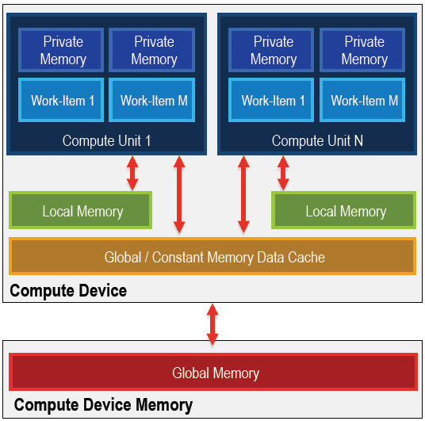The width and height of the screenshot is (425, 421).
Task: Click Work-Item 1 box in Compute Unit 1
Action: tap(61, 100)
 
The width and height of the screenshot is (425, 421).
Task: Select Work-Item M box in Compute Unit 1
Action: tap(151, 100)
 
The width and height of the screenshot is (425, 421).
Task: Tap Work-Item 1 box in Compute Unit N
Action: tap(271, 100)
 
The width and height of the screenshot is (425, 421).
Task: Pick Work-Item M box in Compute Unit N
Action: tap(362, 100)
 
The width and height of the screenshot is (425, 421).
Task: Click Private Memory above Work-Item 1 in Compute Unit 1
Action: tap(61, 50)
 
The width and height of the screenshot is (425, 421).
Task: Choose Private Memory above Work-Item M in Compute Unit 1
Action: tap(151, 50)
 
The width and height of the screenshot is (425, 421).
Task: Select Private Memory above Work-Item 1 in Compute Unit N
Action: tap(271, 50)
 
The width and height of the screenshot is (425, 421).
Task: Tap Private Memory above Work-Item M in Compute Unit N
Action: tap(362, 50)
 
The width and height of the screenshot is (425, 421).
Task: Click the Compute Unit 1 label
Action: tap(106, 140)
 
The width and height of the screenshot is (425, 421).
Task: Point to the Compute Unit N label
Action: tap(317, 140)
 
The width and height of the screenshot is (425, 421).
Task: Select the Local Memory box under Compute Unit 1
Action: tap(81, 210)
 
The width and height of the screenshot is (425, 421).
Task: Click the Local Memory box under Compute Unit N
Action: tap(343, 210)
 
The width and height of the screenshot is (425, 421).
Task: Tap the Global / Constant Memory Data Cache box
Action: tap(212, 256)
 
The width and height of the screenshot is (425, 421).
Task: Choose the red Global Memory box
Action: tap(213, 372)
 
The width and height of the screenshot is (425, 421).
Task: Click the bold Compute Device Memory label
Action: tap(103, 405)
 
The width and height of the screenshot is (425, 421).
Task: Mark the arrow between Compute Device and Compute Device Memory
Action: tap(212, 324)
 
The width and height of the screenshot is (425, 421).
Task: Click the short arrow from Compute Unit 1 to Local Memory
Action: tap(132, 173)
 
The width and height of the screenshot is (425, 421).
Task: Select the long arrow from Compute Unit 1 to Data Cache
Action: tap(179, 194)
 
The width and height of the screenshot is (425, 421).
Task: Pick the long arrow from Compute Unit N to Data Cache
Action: tap(243, 194)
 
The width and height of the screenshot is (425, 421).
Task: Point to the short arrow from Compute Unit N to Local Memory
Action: tap(283, 173)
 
